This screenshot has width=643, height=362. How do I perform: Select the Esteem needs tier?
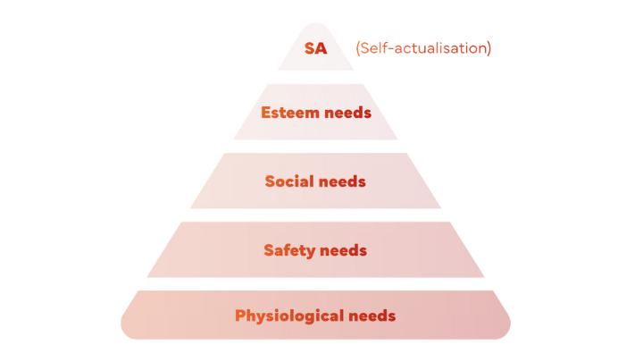[x=315, y=112]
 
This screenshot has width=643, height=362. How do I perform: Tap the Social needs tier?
[x=315, y=181]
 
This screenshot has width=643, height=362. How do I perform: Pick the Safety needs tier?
[x=315, y=250]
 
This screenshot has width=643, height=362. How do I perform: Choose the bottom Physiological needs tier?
[x=315, y=316]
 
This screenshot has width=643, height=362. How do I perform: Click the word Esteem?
[x=290, y=113]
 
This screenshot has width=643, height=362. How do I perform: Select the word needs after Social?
[x=342, y=181]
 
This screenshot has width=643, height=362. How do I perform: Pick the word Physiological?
[x=289, y=316]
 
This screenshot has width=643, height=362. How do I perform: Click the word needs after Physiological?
[x=372, y=316]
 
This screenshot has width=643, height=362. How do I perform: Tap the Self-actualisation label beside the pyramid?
[x=423, y=48]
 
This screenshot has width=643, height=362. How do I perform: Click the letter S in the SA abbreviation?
[x=310, y=48]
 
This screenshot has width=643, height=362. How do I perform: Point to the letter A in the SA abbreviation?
[x=321, y=48]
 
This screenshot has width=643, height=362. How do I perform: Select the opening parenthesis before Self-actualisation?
[x=358, y=48]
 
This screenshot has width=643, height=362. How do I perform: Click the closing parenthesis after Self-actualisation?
[x=489, y=48]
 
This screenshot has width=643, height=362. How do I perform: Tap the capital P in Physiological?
[x=240, y=316]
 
